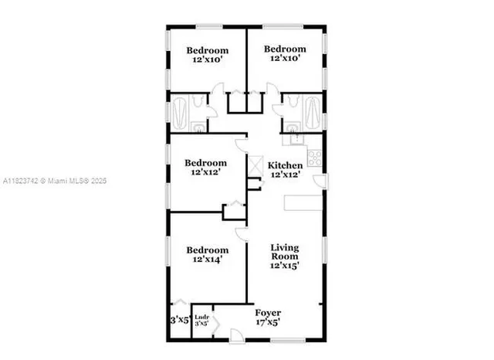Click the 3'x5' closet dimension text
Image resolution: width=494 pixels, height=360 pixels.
click(x=179, y=319)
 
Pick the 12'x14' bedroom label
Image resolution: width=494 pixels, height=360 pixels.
click(x=207, y=256)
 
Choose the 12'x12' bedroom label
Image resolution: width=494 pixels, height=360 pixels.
click(x=205, y=168)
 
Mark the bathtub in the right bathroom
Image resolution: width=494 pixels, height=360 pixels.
click(x=313, y=109)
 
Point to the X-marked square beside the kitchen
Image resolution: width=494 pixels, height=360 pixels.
click(x=253, y=164)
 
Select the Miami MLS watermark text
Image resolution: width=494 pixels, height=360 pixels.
click(x=54, y=181)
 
